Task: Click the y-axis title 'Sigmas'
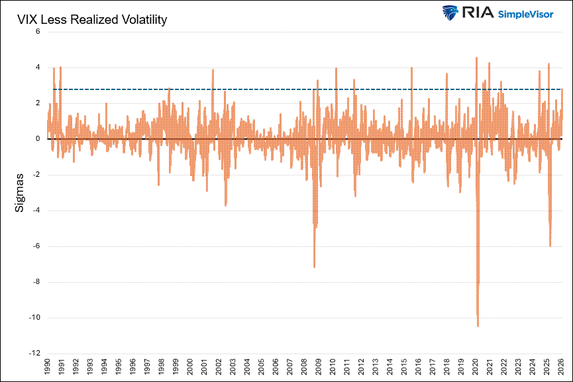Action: click(20, 193)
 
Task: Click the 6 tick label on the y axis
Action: click(38, 32)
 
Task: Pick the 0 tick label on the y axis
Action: click(38, 139)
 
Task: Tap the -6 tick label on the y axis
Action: click(36, 246)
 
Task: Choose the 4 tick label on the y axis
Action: click(38, 68)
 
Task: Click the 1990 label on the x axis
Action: click(47, 367)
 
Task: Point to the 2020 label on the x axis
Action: click(476, 367)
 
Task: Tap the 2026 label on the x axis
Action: click(561, 367)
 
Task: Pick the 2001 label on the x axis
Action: click(204, 367)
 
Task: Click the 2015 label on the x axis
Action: click(404, 367)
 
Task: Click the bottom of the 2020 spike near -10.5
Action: click(478, 326)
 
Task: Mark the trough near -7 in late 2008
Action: click(314, 267)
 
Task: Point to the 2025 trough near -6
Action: click(550, 246)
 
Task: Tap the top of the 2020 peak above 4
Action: click(477, 58)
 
